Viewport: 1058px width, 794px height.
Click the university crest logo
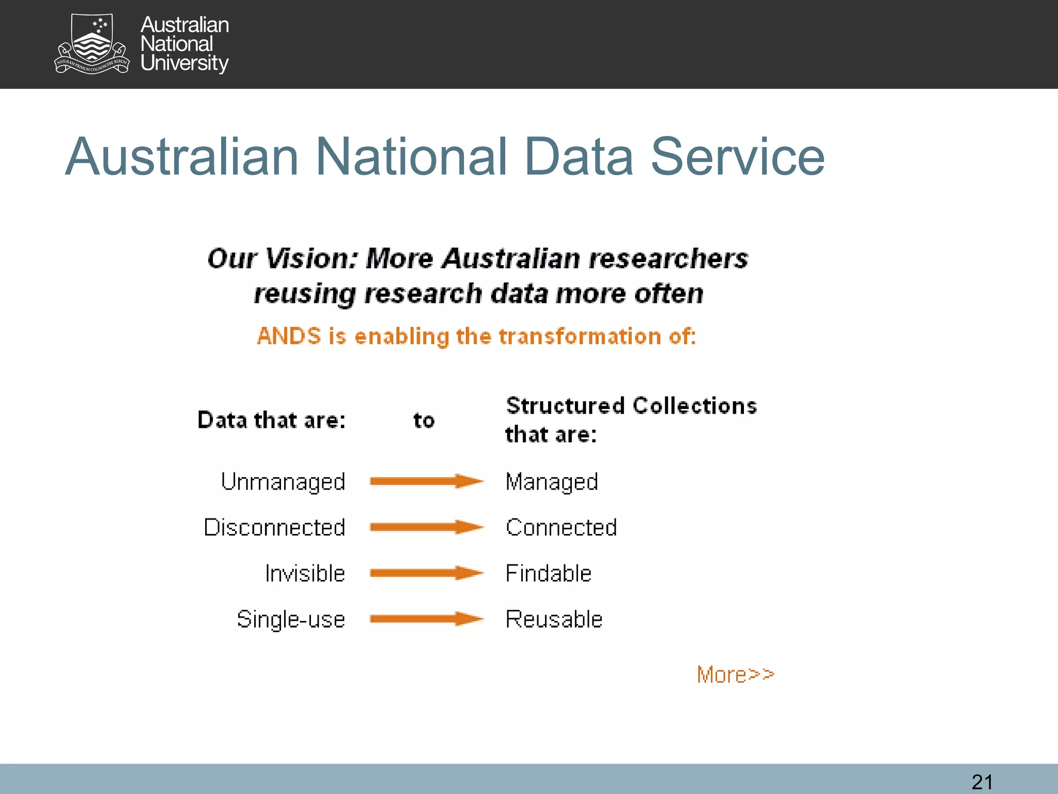pyautogui.click(x=92, y=44)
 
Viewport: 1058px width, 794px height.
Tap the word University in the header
pyautogui.click(x=184, y=63)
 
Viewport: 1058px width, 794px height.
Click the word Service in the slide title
pyautogui.click(x=737, y=157)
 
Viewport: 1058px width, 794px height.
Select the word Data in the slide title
pyautogui.click(x=578, y=157)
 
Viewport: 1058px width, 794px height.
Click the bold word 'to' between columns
pyautogui.click(x=424, y=420)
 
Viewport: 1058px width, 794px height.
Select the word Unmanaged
pyautogui.click(x=283, y=482)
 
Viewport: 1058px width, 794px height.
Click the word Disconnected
pyautogui.click(x=274, y=528)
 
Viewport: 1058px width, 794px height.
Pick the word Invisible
pyautogui.click(x=305, y=574)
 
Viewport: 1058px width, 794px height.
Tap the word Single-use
pyautogui.click(x=291, y=619)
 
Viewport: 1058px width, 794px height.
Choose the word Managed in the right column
pyautogui.click(x=552, y=482)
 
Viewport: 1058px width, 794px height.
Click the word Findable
pyautogui.click(x=548, y=574)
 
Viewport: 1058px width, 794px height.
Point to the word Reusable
pyautogui.click(x=554, y=619)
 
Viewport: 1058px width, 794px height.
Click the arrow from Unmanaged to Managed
pyautogui.click(x=426, y=481)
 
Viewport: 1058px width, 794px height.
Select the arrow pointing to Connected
pyautogui.click(x=426, y=527)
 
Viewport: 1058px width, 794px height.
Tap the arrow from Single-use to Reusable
pyautogui.click(x=426, y=619)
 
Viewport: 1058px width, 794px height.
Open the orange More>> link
pyautogui.click(x=735, y=675)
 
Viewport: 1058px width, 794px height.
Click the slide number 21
pyautogui.click(x=982, y=782)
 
